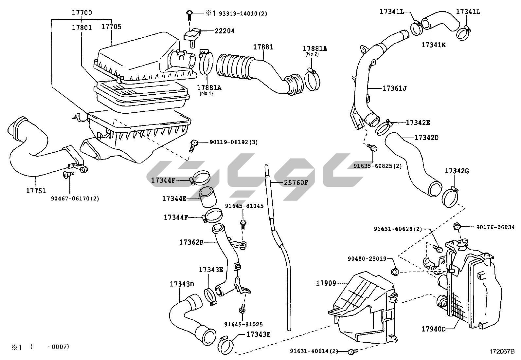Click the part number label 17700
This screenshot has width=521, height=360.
tap(82, 13)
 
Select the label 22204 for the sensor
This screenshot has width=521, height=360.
tap(225, 31)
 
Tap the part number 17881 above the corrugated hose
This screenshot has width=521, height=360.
tap(263, 47)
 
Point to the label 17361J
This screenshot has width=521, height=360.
tap(394, 88)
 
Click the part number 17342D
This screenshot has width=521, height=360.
tap(426, 137)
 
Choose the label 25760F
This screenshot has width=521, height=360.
tap(296, 182)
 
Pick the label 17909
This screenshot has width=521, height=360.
tap(326, 283)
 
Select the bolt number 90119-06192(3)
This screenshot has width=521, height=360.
tap(233, 142)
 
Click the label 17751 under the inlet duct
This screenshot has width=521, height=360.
tap(36, 191)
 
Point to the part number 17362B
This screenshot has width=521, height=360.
tap(191, 242)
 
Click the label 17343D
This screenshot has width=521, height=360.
tap(182, 284)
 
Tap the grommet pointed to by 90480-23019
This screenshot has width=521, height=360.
tap(394, 272)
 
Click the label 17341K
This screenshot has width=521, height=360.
tap(433, 45)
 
